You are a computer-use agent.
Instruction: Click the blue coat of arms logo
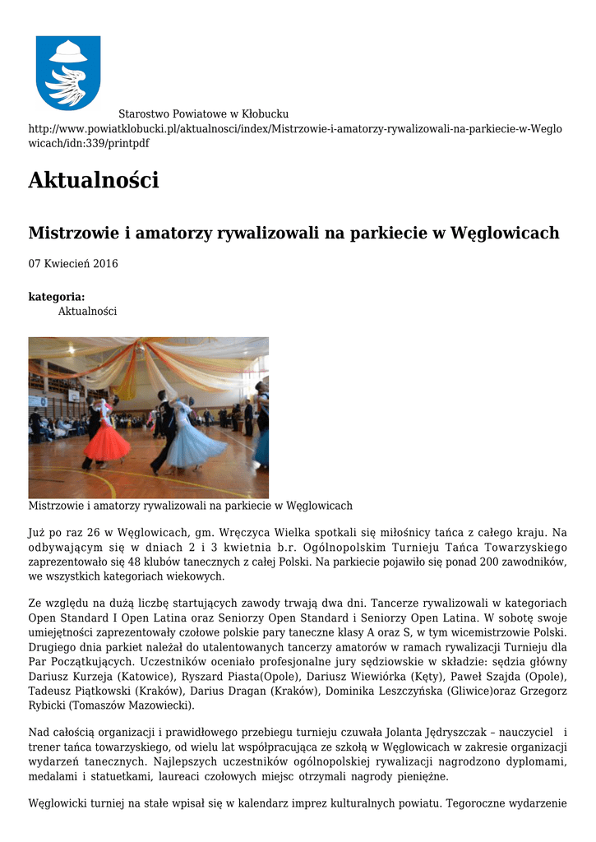pyautogui.click(x=67, y=72)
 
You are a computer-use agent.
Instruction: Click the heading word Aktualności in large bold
pyautogui.click(x=94, y=179)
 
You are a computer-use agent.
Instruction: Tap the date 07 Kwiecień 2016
pyautogui.click(x=73, y=264)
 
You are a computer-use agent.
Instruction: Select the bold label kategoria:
pyautogui.click(x=57, y=297)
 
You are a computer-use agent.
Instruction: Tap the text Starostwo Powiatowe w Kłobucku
pyautogui.click(x=203, y=114)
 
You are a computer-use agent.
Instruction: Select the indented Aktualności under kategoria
pyautogui.click(x=87, y=312)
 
